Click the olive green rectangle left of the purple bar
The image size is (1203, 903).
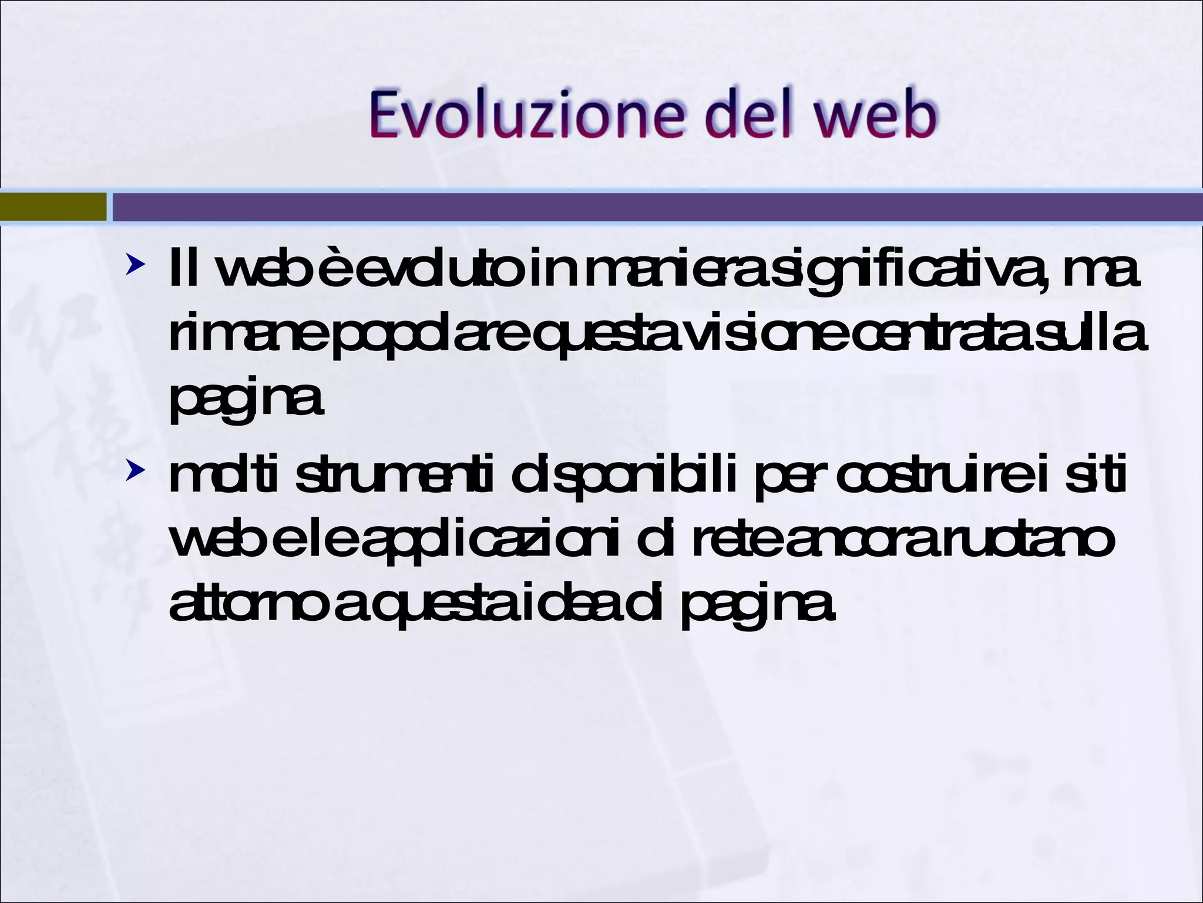[x=53, y=207]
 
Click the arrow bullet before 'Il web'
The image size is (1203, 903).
[x=135, y=265]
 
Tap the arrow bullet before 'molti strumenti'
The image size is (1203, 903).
[x=135, y=470]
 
